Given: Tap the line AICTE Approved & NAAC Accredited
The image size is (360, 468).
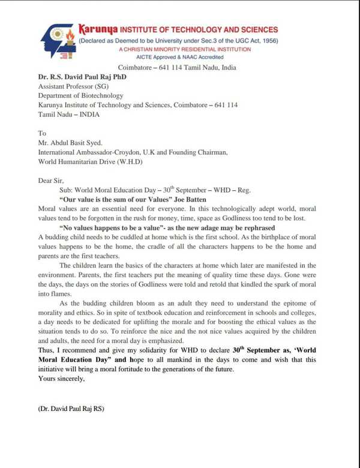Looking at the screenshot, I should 178,58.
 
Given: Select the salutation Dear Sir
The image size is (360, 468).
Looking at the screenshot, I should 52,181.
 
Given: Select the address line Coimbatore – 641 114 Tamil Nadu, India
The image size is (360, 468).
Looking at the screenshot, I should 177,68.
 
